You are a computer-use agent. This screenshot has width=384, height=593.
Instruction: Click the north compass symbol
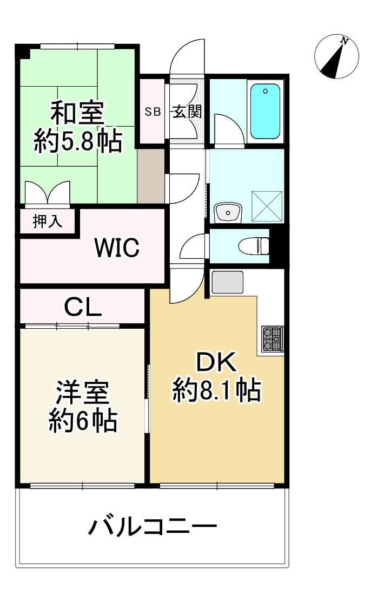(337, 56)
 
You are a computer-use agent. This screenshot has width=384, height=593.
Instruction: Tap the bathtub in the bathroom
(266, 110)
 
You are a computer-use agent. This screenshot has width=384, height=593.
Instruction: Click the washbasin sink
(228, 212)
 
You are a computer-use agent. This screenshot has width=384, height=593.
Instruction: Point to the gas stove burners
(273, 339)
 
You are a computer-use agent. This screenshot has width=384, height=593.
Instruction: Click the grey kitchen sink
(227, 282)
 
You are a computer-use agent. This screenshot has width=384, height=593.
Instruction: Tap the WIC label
(117, 248)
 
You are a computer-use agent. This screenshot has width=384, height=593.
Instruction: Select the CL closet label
(83, 308)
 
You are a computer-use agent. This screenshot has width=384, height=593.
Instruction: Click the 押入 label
(48, 221)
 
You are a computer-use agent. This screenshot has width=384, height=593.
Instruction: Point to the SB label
(153, 113)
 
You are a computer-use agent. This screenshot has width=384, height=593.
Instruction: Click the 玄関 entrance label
(187, 112)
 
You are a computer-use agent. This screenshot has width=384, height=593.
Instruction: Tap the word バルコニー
(153, 526)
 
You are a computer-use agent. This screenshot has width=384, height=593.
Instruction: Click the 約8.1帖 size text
(216, 390)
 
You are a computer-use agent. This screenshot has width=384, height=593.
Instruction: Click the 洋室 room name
(83, 393)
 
